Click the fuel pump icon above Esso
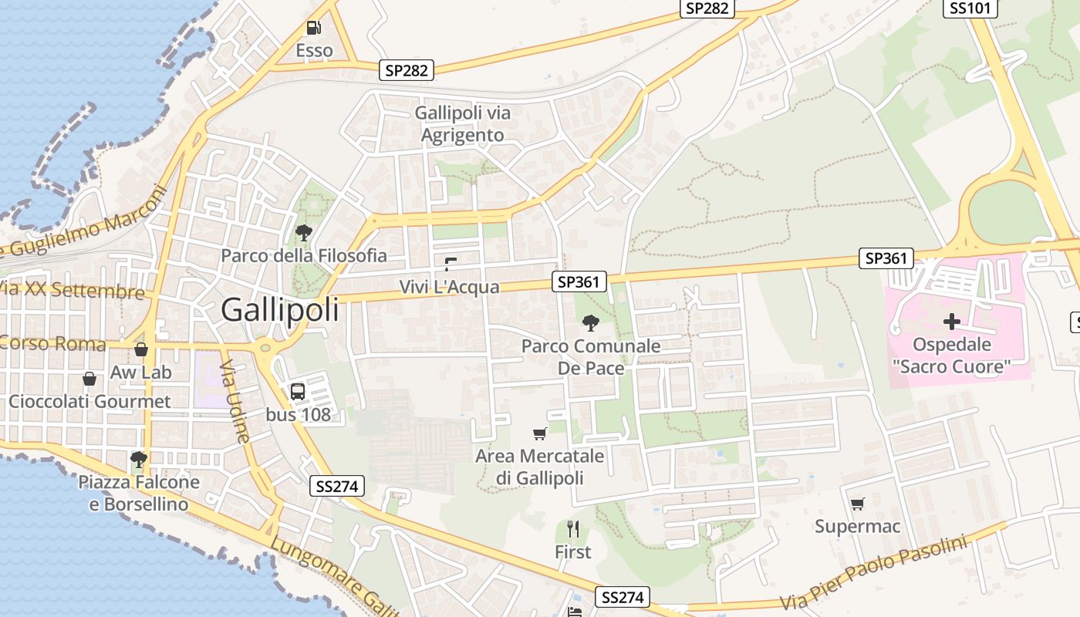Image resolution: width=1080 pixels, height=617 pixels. pyautogui.click(x=314, y=28)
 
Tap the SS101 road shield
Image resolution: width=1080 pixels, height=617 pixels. pyautogui.click(x=970, y=8)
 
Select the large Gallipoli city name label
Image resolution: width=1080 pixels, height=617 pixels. pyautogui.click(x=280, y=310)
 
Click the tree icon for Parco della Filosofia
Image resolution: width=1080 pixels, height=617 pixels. pyautogui.click(x=304, y=232)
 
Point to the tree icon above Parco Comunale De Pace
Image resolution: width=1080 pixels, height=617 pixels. pyautogui.click(x=591, y=322)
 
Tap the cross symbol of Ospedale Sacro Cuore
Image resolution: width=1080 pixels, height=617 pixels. pyautogui.click(x=952, y=322)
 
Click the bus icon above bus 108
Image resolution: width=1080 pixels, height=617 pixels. pyautogui.click(x=298, y=391)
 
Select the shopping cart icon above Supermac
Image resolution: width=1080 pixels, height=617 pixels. pyautogui.click(x=857, y=504)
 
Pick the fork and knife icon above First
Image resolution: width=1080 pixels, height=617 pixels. pyautogui.click(x=572, y=528)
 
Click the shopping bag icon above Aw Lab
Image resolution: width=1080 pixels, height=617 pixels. pyautogui.click(x=141, y=349)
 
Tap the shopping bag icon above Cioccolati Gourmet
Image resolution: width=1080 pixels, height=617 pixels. pyautogui.click(x=89, y=379)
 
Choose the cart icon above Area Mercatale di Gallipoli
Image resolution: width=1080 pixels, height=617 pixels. pyautogui.click(x=540, y=433)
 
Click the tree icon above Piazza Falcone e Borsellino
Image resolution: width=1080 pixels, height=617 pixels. pyautogui.click(x=139, y=460)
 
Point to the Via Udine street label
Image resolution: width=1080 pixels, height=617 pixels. pyautogui.click(x=235, y=401)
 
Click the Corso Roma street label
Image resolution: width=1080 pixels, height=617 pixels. pyautogui.click(x=52, y=343)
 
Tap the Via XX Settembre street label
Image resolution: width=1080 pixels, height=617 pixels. pyautogui.click(x=73, y=291)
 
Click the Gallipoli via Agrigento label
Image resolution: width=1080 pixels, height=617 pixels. pyautogui.click(x=463, y=124)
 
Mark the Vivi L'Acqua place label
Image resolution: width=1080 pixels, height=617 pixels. pyautogui.click(x=449, y=288)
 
